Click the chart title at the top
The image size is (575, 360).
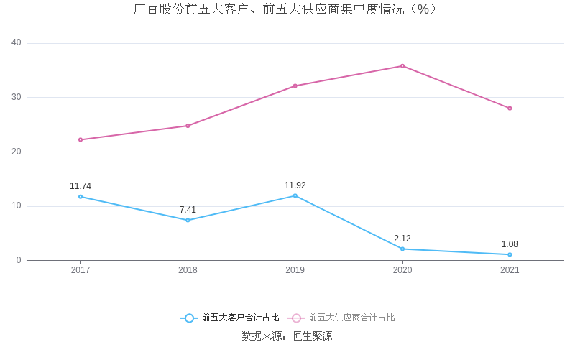click(x=286, y=9)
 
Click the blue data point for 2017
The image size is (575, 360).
click(x=80, y=196)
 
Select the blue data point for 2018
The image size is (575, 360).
click(x=188, y=220)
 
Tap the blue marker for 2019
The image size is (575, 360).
click(x=295, y=195)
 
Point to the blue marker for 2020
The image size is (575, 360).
click(x=402, y=249)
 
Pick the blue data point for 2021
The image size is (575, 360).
click(x=510, y=254)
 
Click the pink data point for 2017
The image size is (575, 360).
click(x=80, y=139)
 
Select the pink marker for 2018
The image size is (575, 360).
click(x=188, y=126)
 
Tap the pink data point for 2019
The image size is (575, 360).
click(x=295, y=86)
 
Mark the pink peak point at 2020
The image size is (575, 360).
click(x=402, y=66)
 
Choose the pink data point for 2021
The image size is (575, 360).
click(x=510, y=109)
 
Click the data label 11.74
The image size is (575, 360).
click(x=80, y=186)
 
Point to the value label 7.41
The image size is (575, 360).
click(x=188, y=210)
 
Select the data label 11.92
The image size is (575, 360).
click(x=295, y=185)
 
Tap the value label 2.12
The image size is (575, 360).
click(x=402, y=239)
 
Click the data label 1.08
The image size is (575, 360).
click(x=510, y=244)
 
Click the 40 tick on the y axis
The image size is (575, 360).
click(x=17, y=43)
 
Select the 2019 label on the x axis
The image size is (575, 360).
click(x=295, y=270)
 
